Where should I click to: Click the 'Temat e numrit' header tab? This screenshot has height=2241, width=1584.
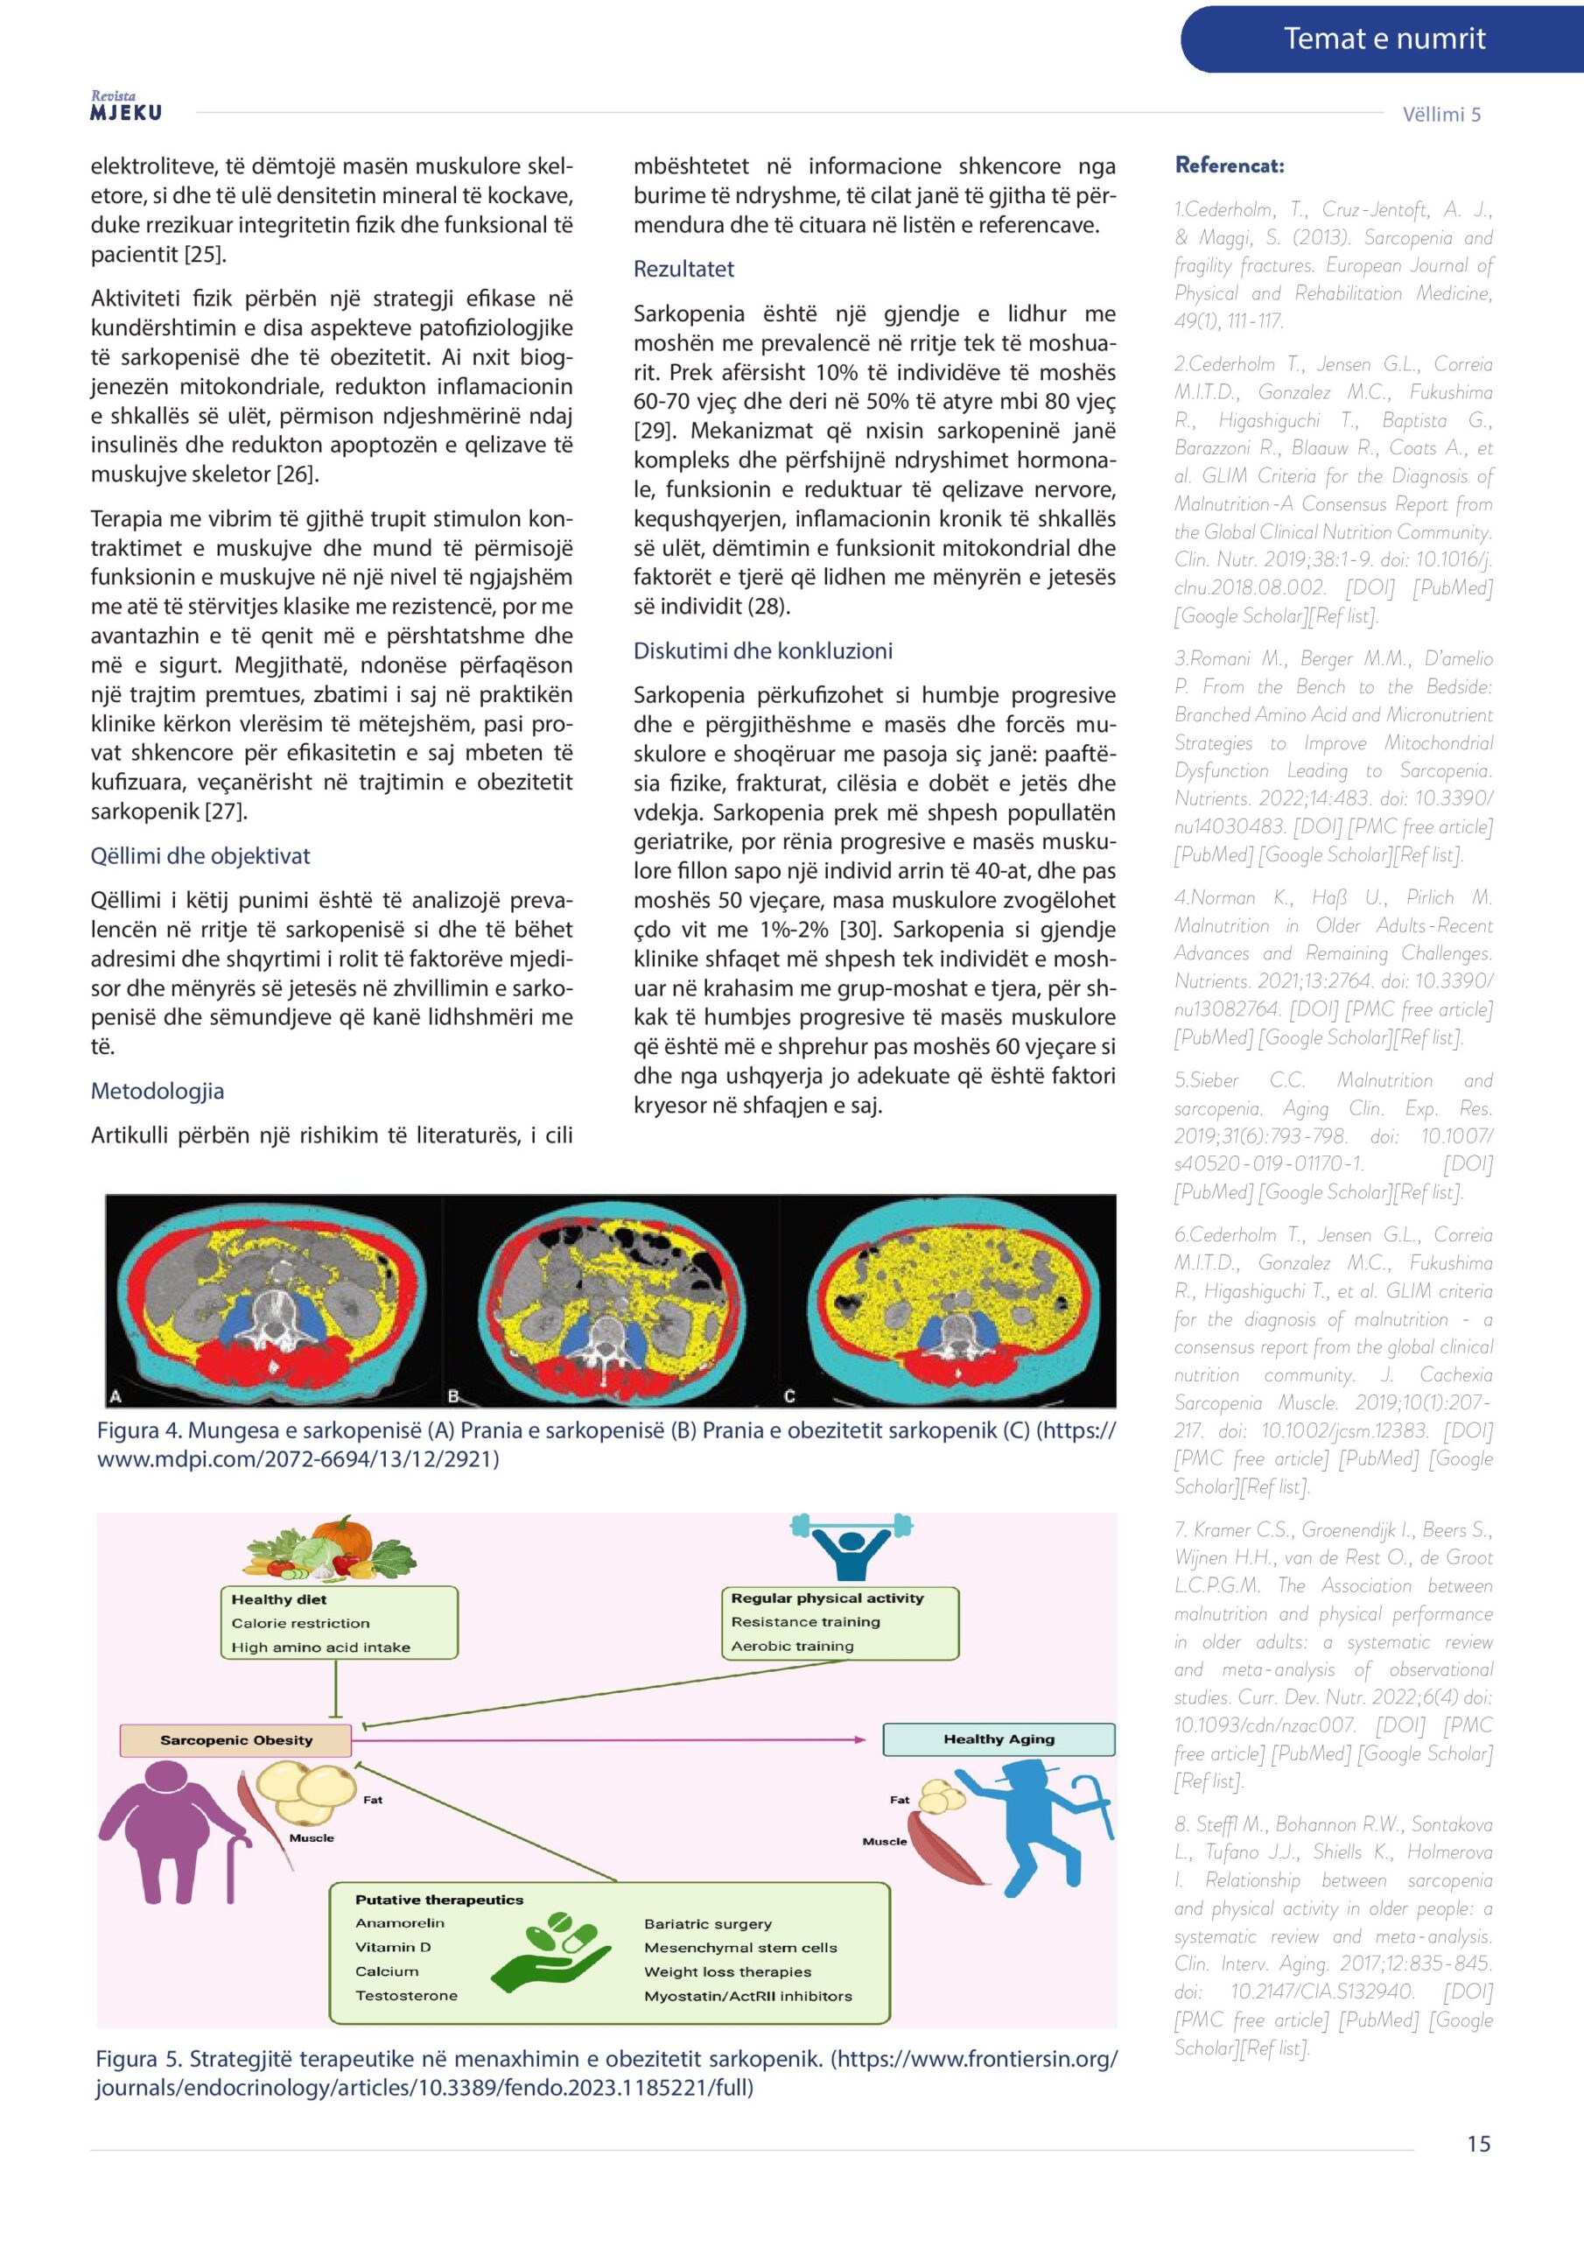click(x=1383, y=39)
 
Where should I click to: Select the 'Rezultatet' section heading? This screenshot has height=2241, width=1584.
click(x=683, y=270)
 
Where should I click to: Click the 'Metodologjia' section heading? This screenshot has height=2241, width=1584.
click(x=158, y=1092)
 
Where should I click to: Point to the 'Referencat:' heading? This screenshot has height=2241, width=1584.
click(x=1229, y=165)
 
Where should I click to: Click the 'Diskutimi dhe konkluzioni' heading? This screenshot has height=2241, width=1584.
click(x=762, y=651)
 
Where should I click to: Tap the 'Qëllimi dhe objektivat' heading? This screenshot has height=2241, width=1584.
click(x=200, y=856)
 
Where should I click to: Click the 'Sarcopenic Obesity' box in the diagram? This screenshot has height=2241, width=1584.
click(x=236, y=1739)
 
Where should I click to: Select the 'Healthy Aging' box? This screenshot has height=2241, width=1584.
click(x=999, y=1739)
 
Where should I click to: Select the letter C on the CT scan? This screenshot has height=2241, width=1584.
click(x=789, y=1395)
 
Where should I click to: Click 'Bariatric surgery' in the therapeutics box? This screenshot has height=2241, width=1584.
click(x=708, y=1924)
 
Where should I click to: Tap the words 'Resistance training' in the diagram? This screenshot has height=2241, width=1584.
click(x=805, y=1622)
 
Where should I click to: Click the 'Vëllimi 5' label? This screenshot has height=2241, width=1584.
click(x=1440, y=114)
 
